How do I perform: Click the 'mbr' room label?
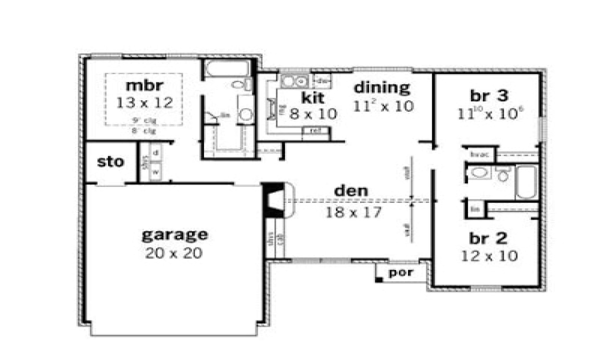tap(144, 86)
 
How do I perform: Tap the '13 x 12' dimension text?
tap(144, 103)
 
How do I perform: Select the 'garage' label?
tap(174, 234)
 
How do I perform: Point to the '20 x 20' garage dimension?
tap(174, 253)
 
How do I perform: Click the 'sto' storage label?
tap(111, 162)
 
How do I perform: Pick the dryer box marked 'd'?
tap(156, 153)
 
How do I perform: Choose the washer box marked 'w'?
tap(156, 172)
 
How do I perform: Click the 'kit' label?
tap(313, 97)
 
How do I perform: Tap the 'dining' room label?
tap(382, 87)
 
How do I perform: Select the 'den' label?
tap(351, 191)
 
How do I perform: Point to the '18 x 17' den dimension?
tap(354, 212)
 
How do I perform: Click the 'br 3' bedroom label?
tap(489, 96)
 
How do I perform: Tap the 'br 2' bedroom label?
tap(488, 238)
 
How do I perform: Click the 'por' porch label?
tap(401, 272)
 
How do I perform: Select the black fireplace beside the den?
tap(273, 200)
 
